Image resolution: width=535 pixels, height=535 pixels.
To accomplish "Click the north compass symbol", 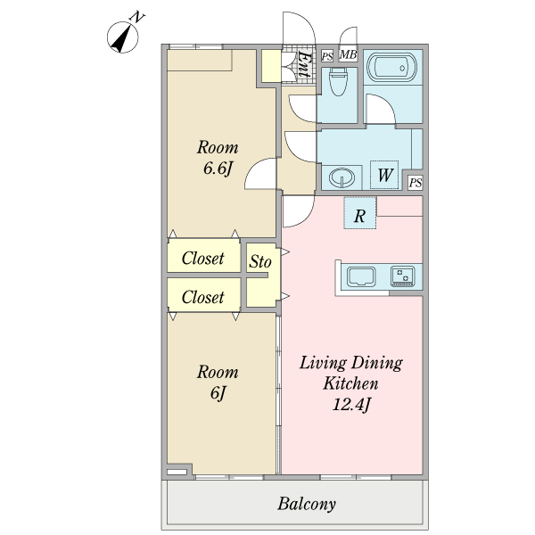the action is (x=123, y=37).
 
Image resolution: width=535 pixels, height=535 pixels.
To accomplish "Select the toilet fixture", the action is (x=338, y=81).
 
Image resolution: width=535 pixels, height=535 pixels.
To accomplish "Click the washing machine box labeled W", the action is (x=384, y=175).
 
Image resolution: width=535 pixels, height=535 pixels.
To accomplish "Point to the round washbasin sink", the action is (x=342, y=177).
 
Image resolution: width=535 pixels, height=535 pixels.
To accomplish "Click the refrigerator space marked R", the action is (x=359, y=213).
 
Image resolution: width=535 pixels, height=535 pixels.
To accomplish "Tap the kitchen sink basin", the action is (x=361, y=276).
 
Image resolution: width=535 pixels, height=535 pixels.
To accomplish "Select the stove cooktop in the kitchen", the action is (x=403, y=276).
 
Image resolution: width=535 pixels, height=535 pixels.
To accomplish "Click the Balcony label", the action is (x=307, y=504).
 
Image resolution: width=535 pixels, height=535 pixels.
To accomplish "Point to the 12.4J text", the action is (x=351, y=405).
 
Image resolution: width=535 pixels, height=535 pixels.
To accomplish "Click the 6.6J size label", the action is (x=218, y=169).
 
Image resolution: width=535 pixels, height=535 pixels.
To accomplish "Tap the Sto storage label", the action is (x=260, y=261).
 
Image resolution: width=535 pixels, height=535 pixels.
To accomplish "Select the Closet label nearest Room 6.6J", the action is (x=203, y=259).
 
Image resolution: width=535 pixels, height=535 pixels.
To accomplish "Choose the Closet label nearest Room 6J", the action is (x=203, y=297).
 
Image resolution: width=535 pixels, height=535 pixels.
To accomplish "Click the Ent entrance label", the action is (x=304, y=64).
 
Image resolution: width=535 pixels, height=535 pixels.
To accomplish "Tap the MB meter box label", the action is (x=349, y=54).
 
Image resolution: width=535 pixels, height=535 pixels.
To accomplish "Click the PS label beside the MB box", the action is (x=327, y=56).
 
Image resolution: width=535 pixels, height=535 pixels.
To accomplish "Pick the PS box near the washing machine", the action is (x=416, y=183).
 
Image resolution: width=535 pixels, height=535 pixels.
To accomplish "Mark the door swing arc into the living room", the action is (x=307, y=218).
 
